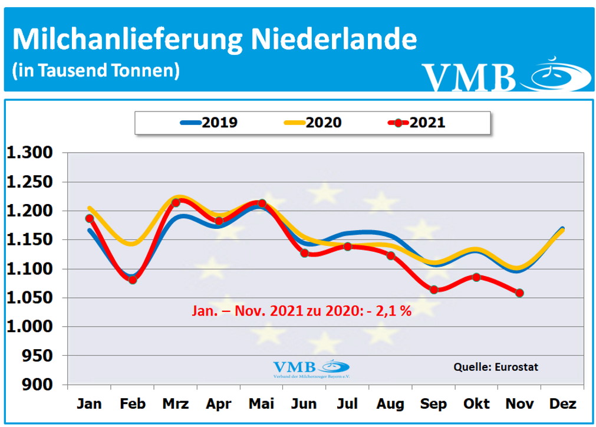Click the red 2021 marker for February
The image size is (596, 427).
(x=133, y=280)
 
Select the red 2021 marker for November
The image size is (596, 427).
(x=519, y=293)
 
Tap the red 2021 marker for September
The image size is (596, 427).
(x=433, y=290)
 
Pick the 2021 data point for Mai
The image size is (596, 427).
(x=262, y=203)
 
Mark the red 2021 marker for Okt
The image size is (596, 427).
(x=476, y=277)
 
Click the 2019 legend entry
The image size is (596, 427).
(x=209, y=123)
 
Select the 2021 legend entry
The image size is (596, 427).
(x=417, y=123)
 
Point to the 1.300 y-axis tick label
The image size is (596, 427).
(x=37, y=153)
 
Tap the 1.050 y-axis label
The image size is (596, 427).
(x=37, y=298)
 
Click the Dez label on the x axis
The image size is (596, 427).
(x=562, y=404)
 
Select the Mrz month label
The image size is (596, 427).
(x=175, y=404)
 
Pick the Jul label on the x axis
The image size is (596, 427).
(x=347, y=404)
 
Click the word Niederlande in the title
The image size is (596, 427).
(x=334, y=40)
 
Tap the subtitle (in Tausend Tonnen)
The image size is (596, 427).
(x=96, y=71)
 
